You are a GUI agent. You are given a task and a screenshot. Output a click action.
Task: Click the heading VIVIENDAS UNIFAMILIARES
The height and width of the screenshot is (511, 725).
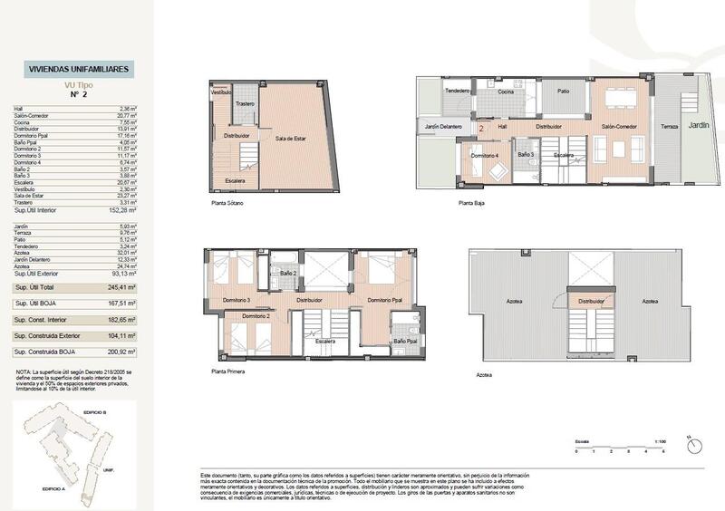click(79, 69)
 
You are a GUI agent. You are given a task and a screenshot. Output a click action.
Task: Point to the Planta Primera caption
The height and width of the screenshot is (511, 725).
click(231, 371)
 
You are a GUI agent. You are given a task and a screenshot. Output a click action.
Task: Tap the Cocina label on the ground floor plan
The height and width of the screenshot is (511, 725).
click(506, 92)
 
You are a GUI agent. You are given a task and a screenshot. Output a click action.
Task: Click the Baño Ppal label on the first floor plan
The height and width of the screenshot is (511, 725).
click(404, 341)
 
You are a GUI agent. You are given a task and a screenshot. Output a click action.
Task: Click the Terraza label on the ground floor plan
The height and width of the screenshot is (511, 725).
click(668, 127)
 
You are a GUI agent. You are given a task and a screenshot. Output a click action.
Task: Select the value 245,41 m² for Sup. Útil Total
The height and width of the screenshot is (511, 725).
click(122, 287)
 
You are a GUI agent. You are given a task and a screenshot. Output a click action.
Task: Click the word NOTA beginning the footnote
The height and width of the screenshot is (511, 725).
click(24, 371)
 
